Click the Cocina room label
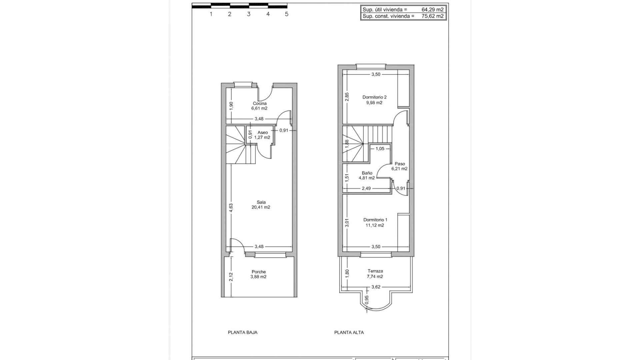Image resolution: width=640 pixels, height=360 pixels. click(259, 103)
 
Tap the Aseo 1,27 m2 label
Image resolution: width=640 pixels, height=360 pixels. click(262, 135)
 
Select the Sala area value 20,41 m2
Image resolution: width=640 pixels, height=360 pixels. click(261, 207)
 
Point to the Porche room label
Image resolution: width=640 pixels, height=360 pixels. click(259, 272)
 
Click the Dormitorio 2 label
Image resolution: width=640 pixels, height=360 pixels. click(374, 97)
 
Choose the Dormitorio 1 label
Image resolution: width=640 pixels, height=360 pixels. click(375, 220)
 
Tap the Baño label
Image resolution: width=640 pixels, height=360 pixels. click(367, 173)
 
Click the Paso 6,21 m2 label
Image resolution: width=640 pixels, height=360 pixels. click(400, 166)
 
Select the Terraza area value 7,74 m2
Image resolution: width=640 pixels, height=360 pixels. click(375, 277)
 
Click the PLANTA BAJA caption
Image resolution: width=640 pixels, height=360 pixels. click(242, 332)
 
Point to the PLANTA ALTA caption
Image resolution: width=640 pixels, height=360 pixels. click(349, 332)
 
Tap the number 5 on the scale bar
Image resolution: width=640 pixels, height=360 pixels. click(286, 14)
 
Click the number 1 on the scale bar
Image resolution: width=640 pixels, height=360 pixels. click(211, 14)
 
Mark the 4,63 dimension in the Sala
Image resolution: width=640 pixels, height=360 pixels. click(231, 208)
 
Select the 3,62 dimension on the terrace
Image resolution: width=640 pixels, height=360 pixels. click(376, 287)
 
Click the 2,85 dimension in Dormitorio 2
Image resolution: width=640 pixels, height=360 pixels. click(347, 96)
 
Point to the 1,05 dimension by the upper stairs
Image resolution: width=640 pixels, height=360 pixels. click(380, 149)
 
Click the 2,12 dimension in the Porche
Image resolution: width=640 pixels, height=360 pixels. click(231, 277)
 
